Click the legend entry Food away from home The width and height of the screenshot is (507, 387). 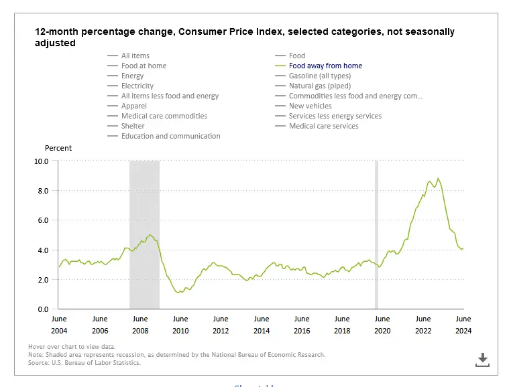325,66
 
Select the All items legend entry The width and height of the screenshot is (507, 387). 135,56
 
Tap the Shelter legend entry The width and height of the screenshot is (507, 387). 133,126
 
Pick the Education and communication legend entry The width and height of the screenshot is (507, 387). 170,136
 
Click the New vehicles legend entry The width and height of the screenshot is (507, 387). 310,106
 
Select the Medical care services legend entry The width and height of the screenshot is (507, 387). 323,126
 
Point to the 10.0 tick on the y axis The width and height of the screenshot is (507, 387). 40,161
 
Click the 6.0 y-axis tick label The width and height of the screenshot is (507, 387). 42,220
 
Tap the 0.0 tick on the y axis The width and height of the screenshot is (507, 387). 42,309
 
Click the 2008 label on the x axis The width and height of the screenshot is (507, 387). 140,331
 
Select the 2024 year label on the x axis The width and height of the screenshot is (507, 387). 463,331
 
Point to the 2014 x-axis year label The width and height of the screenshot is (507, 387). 262,331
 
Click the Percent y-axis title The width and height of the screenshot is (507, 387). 58,148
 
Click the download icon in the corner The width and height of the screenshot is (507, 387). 482,360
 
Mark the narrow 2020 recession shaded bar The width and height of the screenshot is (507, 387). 376,234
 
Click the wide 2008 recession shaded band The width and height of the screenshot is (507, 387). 144,234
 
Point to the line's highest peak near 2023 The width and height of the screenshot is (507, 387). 438,178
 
